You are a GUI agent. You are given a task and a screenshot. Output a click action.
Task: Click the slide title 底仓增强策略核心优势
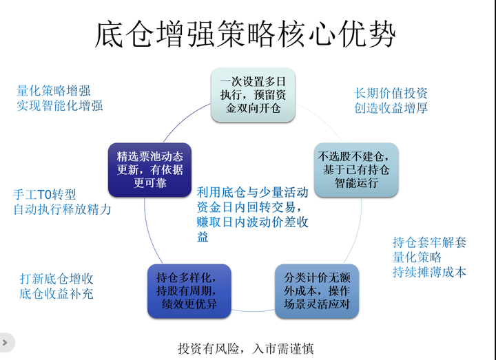pos(245,34)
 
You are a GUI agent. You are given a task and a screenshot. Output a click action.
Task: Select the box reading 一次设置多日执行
pos(253,95)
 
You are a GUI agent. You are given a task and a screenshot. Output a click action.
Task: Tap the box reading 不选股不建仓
pos(356,170)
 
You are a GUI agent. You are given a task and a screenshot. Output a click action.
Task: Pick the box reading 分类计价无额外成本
pos(317,291)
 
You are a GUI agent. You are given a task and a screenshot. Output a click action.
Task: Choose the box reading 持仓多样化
pos(189,291)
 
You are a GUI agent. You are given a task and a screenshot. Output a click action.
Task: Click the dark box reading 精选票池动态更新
pos(149,170)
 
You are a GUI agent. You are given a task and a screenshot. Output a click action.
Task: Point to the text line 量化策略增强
pos(54,91)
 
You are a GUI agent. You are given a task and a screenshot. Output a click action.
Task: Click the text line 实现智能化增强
pos(60,105)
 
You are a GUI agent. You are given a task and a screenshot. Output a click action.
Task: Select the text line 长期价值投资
pos(391,93)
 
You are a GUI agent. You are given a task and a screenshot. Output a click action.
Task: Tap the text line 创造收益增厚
pos(391,108)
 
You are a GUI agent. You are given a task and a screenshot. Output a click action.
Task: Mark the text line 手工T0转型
pos(45,194)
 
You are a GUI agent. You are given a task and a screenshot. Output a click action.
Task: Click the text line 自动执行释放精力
pos(62,209)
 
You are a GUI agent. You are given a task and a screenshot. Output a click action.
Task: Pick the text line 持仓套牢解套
pos(429,242)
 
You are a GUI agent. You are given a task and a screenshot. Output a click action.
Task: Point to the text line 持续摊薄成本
pos(429,272)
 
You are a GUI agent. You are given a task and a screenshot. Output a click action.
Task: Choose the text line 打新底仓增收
pos(56,279)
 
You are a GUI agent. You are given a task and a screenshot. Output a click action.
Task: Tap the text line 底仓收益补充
pos(56,294)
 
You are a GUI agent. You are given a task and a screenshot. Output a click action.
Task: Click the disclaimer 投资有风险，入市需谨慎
pos(246,348)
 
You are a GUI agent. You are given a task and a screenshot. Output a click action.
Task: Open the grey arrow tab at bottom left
pos(6,342)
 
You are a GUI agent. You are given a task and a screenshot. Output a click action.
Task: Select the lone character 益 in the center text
pos(203,237)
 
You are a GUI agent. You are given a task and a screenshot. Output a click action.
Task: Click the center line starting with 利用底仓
pos(252,192)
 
